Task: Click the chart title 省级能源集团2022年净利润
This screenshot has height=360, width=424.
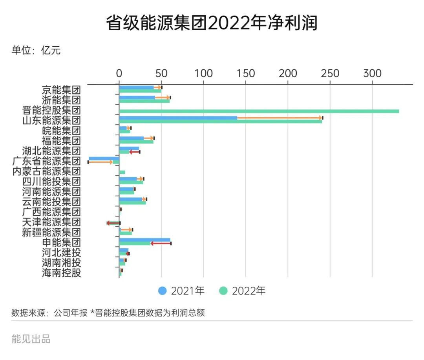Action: (212, 24)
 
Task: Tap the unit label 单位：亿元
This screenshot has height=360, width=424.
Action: (36, 51)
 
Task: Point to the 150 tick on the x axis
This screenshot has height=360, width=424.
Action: (246, 73)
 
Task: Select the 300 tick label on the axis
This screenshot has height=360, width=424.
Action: (372, 73)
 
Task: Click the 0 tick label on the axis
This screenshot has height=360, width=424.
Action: (119, 73)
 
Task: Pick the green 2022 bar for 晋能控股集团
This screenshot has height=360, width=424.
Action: (259, 111)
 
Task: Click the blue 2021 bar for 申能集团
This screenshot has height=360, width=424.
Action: (144, 240)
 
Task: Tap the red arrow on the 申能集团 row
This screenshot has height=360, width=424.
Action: (161, 244)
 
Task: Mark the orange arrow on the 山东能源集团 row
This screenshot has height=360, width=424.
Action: (280, 118)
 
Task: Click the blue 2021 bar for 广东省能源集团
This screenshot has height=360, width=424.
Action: (104, 158)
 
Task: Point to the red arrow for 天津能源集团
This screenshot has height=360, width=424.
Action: (113, 223)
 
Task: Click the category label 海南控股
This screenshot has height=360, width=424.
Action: (61, 273)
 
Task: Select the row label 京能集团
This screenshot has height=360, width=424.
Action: (61, 90)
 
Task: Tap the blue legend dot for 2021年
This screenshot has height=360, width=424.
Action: (162, 291)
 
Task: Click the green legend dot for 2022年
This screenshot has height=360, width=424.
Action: (223, 291)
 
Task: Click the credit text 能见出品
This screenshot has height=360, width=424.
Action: (31, 339)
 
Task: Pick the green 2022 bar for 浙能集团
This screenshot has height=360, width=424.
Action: (144, 101)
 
